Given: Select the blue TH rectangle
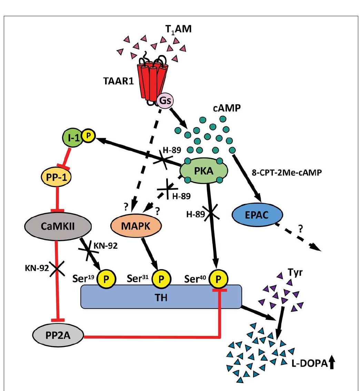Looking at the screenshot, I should click(x=161, y=297).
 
